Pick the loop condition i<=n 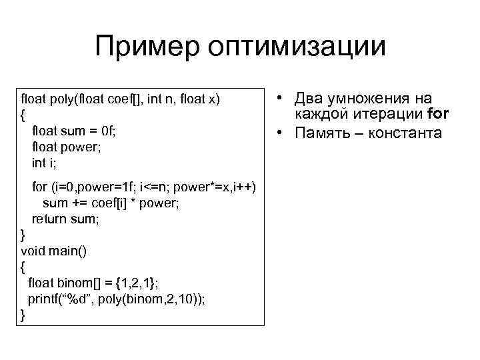(158, 187)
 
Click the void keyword (33, 250)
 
